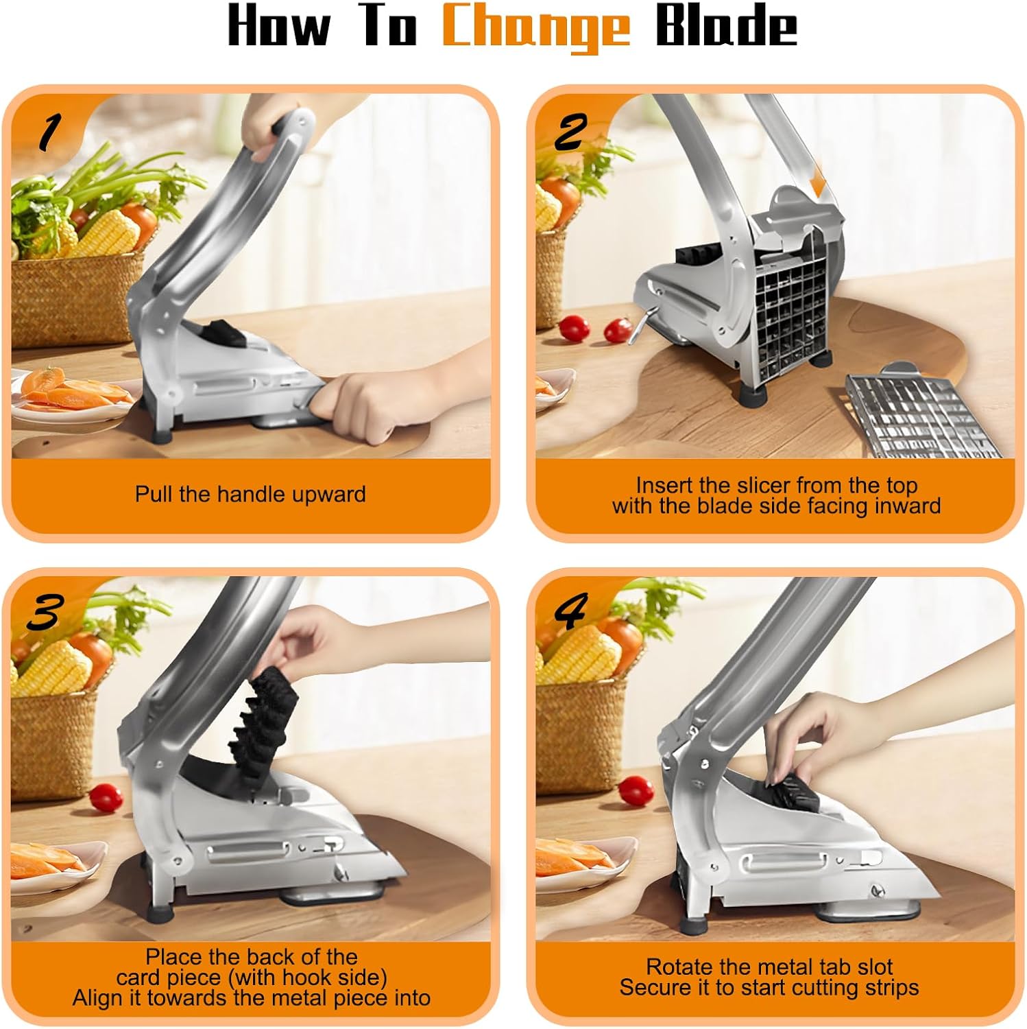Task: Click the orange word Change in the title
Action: [x=535, y=27]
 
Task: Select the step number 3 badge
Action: [x=45, y=612]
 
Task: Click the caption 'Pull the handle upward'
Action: [x=250, y=494]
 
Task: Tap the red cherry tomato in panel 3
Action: [x=106, y=796]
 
